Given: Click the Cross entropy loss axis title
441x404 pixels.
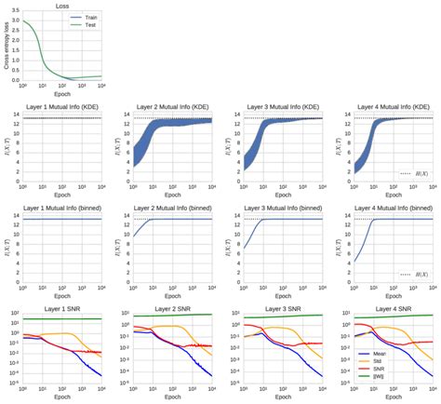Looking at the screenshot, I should pyautogui.click(x=5, y=46).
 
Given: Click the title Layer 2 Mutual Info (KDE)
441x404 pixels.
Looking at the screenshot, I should pyautogui.click(x=171, y=106).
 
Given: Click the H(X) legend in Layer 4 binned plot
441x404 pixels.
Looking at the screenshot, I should pyautogui.click(x=415, y=275).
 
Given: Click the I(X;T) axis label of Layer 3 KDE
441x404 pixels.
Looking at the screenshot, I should pyautogui.click(x=224, y=145).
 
